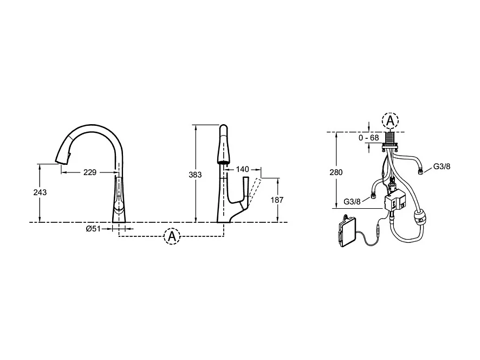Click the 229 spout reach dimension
[x=90, y=172]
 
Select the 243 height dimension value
[x=40, y=192]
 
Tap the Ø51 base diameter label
[x=94, y=229]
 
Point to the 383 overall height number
[x=195, y=175]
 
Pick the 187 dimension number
[x=276, y=200]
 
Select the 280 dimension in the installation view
[x=336, y=172]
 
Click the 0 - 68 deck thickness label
[x=369, y=138]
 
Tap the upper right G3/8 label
[x=441, y=166]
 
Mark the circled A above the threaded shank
[x=390, y=120]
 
